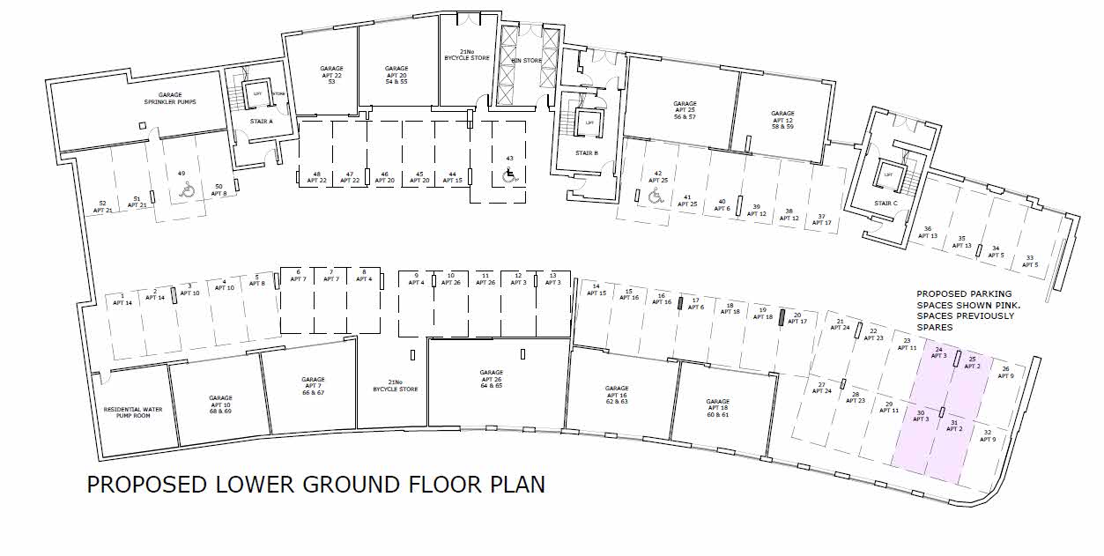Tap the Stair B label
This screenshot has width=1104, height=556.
pyautogui.click(x=587, y=152)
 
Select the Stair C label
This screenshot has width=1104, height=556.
pyautogui.click(x=886, y=204)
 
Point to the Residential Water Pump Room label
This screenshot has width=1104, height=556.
pyautogui.click(x=127, y=412)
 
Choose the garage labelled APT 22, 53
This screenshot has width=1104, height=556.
pyautogui.click(x=331, y=75)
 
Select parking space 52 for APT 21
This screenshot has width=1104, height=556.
pyautogui.click(x=103, y=207)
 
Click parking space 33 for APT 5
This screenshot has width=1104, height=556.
pyautogui.click(x=1029, y=261)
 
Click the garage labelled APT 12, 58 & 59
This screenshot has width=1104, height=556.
pyautogui.click(x=782, y=120)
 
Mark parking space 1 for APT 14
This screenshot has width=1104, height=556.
pyautogui.click(x=122, y=300)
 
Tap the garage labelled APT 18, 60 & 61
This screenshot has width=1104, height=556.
pyautogui.click(x=718, y=408)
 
